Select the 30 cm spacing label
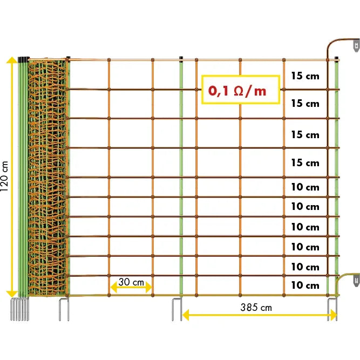(131, 282)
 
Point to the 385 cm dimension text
(256, 307)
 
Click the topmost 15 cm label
(305, 76)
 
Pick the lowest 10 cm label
(305, 285)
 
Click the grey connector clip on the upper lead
(355, 46)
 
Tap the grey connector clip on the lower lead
(355, 280)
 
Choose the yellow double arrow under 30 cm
(131, 288)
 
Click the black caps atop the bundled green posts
(23, 58)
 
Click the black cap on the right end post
(337, 58)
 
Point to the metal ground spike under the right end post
(332, 309)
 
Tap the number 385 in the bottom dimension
(249, 307)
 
